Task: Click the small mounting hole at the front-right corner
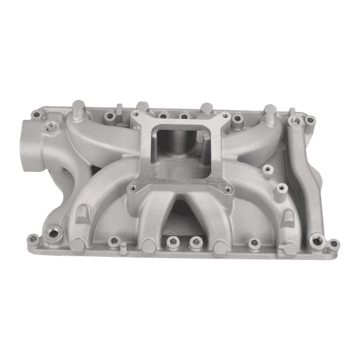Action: [x=333, y=243]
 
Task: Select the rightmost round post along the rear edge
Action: [x=270, y=110]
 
